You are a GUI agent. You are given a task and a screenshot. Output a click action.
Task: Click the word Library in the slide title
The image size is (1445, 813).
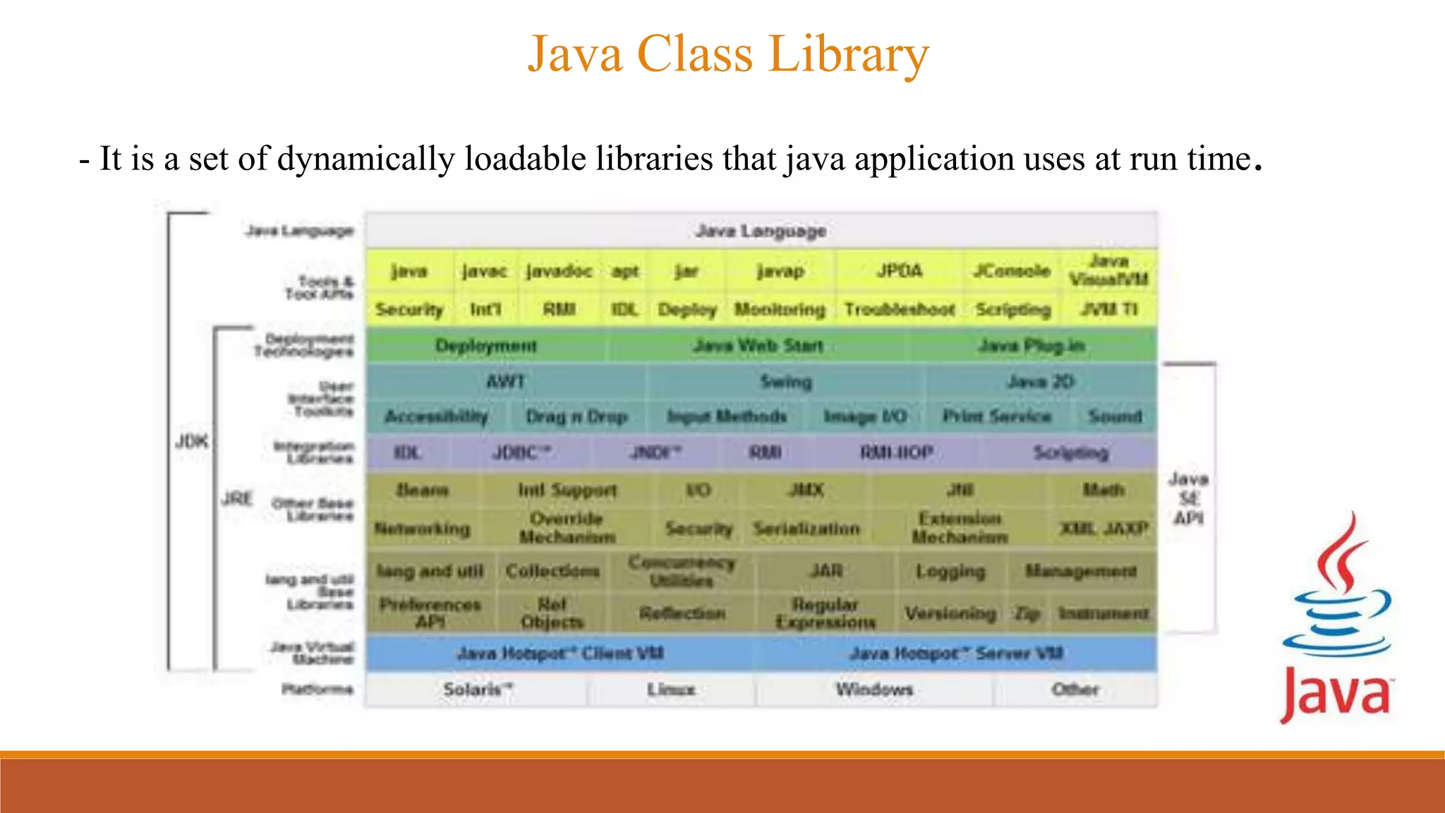pos(848,54)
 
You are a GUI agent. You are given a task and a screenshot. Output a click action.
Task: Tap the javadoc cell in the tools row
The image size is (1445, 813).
pos(559,271)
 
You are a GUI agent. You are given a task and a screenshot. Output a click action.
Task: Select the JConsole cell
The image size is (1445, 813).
pos(1011,271)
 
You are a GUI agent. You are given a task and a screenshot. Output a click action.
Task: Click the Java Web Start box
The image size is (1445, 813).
pos(758,346)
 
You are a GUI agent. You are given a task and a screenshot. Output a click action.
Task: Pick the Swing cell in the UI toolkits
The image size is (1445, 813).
pos(785,382)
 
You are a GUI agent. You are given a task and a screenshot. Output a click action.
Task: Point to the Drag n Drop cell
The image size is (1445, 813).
pos(576,416)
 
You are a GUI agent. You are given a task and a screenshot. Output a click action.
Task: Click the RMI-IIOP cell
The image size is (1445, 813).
pos(896,452)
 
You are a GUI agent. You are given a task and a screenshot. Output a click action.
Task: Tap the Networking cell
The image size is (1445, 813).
pos(422,529)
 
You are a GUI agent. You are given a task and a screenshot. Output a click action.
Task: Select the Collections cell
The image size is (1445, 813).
pos(552,570)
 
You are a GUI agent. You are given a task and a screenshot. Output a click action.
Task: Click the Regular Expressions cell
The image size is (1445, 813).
pos(825,613)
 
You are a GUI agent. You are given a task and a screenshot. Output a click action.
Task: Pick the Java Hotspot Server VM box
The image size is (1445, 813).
pos(956,654)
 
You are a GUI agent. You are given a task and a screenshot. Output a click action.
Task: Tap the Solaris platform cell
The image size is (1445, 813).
pos(477,689)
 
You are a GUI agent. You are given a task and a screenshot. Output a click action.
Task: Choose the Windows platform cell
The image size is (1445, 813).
pos(874,689)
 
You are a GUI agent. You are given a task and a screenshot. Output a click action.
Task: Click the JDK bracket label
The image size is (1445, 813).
pos(191,442)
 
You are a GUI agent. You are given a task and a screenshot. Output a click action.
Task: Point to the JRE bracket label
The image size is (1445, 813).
pos(236,499)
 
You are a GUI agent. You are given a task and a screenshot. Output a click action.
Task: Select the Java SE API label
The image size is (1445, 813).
pos(1189,498)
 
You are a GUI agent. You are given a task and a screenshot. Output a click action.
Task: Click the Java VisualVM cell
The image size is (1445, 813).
pos(1108,270)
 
